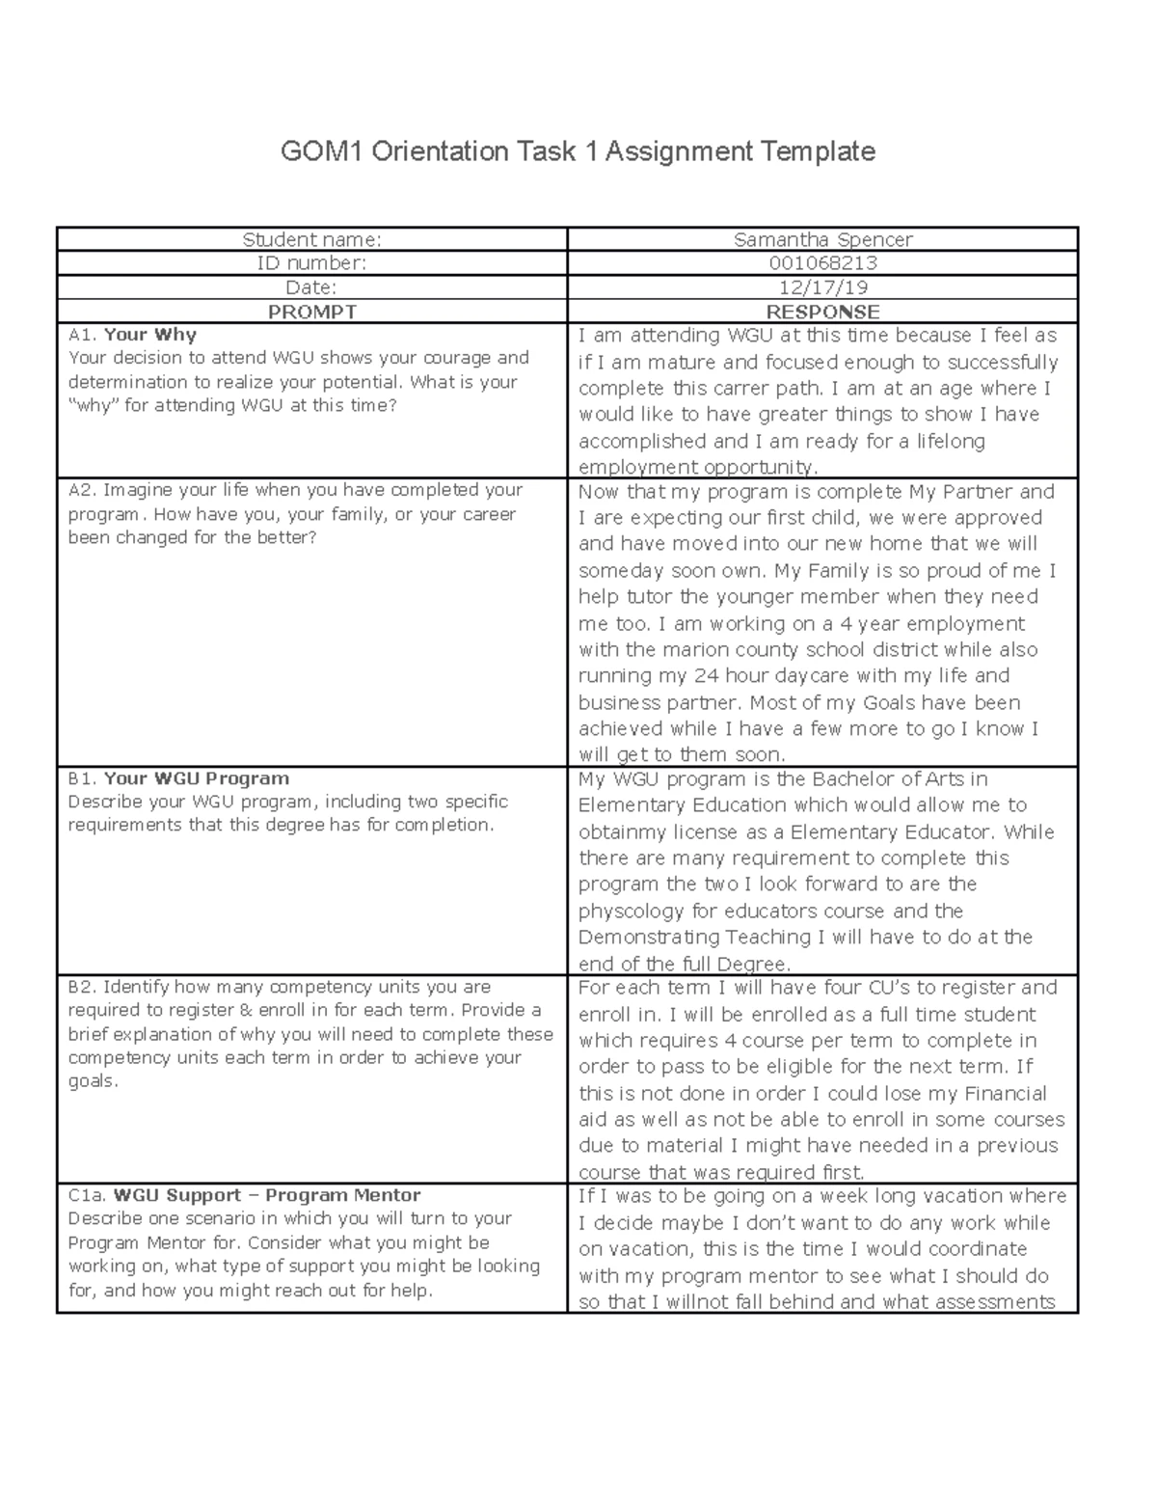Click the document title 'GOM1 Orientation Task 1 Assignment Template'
click(x=578, y=151)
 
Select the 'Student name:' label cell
click(x=311, y=240)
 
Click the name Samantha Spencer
click(x=822, y=240)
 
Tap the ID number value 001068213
click(x=822, y=263)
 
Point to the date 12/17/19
click(x=822, y=287)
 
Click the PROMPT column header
click(x=311, y=312)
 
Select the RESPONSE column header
click(x=822, y=312)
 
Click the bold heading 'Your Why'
click(x=149, y=335)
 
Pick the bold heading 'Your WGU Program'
click(x=196, y=778)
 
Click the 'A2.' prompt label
click(x=82, y=490)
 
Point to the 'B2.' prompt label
click(x=82, y=987)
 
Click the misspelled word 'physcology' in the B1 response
click(x=622, y=911)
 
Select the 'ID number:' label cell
click(x=311, y=263)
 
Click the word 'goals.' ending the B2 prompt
click(x=94, y=1081)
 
